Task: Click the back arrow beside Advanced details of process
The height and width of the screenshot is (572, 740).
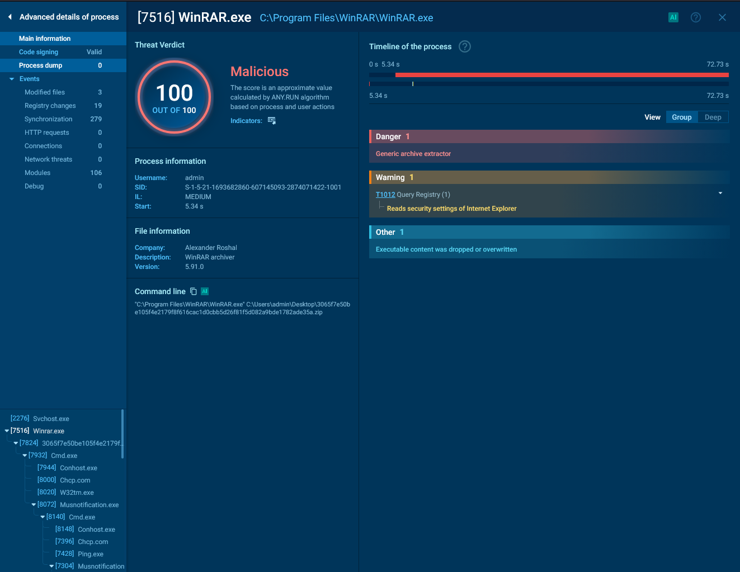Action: tap(10, 17)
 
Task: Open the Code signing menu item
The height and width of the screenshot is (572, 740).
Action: tap(39, 52)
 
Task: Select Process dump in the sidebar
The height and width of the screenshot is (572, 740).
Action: tap(40, 65)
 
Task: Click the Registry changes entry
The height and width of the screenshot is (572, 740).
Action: tap(50, 106)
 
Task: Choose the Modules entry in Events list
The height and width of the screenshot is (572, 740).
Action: tap(37, 173)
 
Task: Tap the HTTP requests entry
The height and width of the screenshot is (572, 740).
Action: tap(46, 133)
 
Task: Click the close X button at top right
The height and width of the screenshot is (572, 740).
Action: tap(722, 17)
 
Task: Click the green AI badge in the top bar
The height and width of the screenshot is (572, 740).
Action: tap(673, 17)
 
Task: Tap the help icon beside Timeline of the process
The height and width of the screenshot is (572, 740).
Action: tap(464, 46)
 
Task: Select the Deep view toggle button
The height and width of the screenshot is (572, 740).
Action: tap(713, 117)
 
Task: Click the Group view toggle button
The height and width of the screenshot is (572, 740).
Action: tap(681, 117)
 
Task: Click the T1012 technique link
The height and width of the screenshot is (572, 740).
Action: tap(385, 194)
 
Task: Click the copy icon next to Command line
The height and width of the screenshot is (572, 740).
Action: tap(193, 291)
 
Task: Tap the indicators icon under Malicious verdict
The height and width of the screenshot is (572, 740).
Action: tap(271, 120)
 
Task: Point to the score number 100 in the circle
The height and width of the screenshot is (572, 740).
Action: tap(174, 93)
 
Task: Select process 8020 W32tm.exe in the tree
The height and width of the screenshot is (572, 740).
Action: tap(65, 492)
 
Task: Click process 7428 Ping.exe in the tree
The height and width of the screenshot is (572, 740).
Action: tap(79, 554)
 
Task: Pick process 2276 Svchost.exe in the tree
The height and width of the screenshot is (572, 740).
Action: tap(40, 418)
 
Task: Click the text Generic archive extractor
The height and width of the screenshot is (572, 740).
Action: tap(413, 153)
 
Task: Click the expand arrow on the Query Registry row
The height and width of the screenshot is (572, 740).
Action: tap(720, 193)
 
